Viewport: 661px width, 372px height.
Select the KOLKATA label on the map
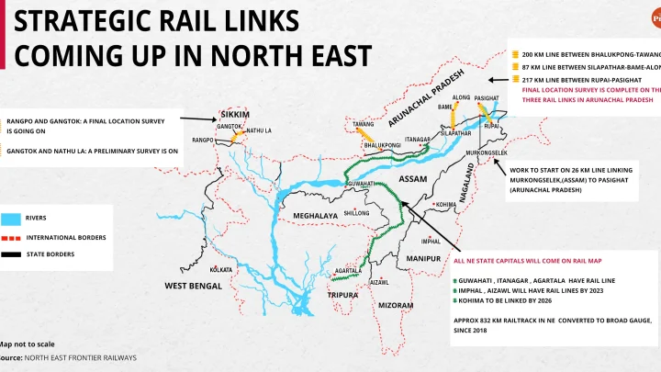coord(221,269)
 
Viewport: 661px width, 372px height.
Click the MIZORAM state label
coord(396,304)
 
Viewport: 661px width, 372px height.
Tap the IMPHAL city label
coord(431,242)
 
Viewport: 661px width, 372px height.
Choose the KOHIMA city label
coord(445,204)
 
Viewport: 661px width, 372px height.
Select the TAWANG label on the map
coord(364,123)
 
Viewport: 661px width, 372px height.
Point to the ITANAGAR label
coord(418,140)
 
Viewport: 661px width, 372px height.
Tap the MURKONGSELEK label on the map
coord(487,152)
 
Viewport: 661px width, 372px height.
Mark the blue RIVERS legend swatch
coord(12,219)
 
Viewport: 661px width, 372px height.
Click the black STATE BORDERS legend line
coord(12,254)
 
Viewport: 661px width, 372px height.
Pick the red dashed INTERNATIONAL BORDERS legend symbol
coord(12,237)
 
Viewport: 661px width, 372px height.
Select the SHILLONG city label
coord(356,212)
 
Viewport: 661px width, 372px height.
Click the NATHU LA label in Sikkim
coord(261,130)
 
